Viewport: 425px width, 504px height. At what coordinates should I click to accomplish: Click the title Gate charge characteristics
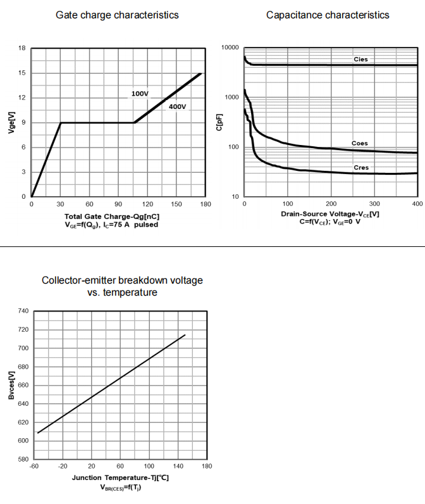pyautogui.click(x=117, y=15)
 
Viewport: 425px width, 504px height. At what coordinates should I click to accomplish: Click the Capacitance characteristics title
pyautogui.click(x=328, y=15)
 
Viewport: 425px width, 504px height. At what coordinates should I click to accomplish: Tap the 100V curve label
pyautogui.click(x=140, y=94)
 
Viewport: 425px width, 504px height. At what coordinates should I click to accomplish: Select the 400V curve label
pyautogui.click(x=177, y=106)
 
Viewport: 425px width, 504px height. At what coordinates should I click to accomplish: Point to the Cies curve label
pyautogui.click(x=360, y=59)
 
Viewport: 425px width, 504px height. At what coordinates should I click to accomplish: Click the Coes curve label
pyautogui.click(x=359, y=143)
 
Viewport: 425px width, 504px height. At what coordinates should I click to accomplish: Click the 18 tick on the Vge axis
pyautogui.click(x=22, y=48)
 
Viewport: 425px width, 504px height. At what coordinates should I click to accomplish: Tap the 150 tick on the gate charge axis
pyautogui.click(x=176, y=204)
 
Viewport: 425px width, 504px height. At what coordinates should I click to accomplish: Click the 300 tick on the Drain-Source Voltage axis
pyautogui.click(x=374, y=204)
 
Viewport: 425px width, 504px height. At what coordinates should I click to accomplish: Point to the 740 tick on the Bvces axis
pyautogui.click(x=23, y=311)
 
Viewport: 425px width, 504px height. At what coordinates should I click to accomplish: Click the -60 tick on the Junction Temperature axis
pyautogui.click(x=34, y=466)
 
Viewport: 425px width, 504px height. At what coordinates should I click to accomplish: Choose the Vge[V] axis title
pyautogui.click(x=11, y=122)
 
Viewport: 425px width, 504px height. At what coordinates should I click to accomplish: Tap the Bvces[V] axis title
pyautogui.click(x=11, y=385)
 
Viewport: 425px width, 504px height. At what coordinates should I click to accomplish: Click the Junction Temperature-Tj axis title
pyautogui.click(x=120, y=477)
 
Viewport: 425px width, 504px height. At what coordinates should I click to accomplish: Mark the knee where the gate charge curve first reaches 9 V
pyautogui.click(x=61, y=123)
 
